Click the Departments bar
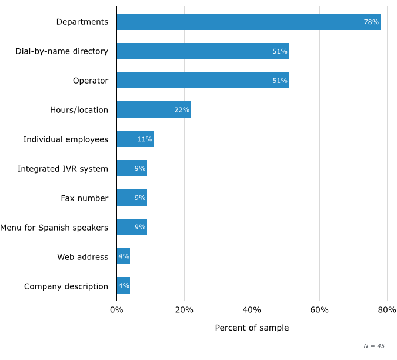tap(248, 22)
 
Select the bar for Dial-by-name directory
tap(203, 51)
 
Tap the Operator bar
tap(203, 81)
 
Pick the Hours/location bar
tap(154, 109)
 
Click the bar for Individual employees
tap(135, 139)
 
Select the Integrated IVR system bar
tap(132, 168)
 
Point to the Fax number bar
tap(132, 198)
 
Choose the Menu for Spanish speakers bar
tap(132, 227)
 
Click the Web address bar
tap(124, 256)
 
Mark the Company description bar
tap(124, 286)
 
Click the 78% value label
tap(371, 22)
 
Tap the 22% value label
tap(182, 110)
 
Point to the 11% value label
tap(145, 139)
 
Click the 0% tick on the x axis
tap(116, 310)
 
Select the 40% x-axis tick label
tap(252, 310)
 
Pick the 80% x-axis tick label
tap(387, 310)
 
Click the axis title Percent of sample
tap(252, 328)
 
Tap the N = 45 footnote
tap(374, 346)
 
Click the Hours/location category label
tap(79, 110)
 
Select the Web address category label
tap(83, 257)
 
